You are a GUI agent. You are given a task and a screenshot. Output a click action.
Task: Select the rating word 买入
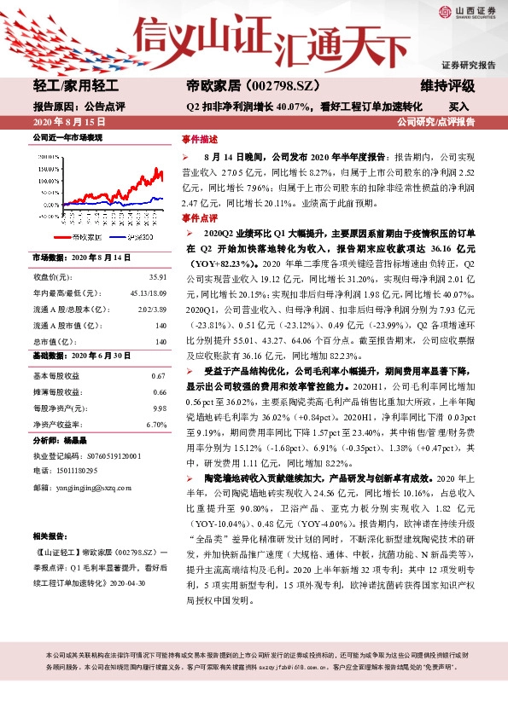459,107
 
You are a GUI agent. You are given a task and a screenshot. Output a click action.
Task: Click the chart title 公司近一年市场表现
67,137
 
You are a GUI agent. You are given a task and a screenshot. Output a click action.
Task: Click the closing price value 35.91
157,278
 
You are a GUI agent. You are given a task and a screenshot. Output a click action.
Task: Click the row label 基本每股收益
56,376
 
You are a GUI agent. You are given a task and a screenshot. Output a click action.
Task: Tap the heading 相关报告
49,536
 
